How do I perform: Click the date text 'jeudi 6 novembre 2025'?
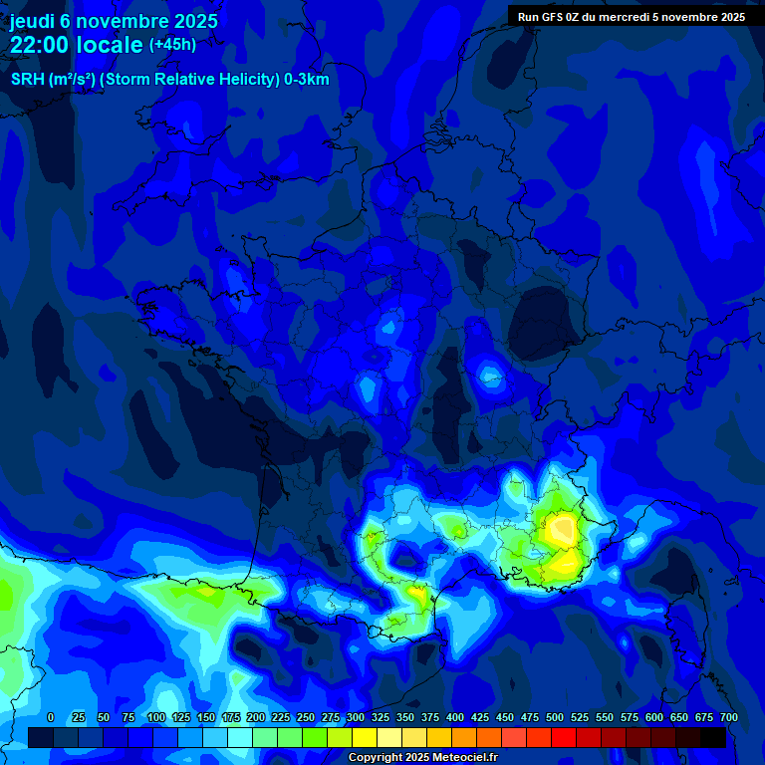click(114, 21)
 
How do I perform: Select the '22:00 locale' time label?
click(77, 45)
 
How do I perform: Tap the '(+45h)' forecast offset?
click(172, 45)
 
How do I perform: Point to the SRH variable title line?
click(169, 80)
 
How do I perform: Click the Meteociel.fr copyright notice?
click(422, 758)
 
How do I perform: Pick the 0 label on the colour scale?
click(51, 717)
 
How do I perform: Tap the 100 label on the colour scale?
click(155, 717)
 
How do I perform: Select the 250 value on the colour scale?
click(305, 717)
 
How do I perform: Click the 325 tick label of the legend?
click(380, 717)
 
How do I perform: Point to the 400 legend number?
click(454, 717)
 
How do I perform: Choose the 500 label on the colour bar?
click(554, 717)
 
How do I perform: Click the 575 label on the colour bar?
click(629, 717)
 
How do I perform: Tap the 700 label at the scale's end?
click(728, 717)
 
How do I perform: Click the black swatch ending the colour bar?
click(713, 737)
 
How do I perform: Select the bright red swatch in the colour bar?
click(564, 737)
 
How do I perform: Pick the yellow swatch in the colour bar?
click(365, 737)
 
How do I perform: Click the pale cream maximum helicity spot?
click(563, 524)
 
